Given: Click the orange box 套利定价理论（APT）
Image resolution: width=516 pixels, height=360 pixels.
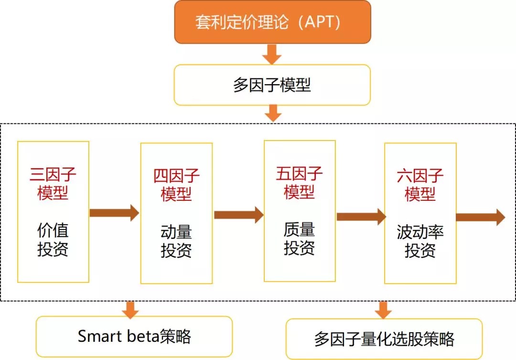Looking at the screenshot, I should click(x=272, y=22).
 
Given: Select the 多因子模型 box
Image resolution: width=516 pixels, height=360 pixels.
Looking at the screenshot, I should click(x=272, y=85).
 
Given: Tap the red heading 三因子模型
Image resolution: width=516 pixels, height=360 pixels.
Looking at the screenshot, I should click(x=53, y=184).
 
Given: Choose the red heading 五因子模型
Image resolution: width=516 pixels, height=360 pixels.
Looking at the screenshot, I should click(x=300, y=183).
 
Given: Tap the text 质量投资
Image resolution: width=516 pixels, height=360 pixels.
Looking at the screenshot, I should click(x=300, y=239).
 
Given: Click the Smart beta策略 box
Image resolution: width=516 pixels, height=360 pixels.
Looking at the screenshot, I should click(x=134, y=337).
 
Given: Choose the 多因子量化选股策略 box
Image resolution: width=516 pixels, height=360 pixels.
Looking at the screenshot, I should click(x=384, y=339).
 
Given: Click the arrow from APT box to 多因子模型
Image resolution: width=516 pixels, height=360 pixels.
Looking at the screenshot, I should click(x=272, y=54).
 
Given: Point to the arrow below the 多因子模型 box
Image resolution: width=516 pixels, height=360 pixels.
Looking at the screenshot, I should click(x=272, y=114).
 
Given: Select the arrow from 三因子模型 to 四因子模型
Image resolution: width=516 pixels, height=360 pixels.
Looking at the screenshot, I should click(x=114, y=213).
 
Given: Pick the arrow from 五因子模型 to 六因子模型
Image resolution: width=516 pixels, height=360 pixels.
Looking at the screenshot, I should click(x=361, y=217).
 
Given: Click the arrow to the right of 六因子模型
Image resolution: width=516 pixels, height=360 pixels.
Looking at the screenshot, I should click(x=480, y=217).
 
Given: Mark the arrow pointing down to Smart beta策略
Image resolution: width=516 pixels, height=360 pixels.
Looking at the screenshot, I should click(x=130, y=309).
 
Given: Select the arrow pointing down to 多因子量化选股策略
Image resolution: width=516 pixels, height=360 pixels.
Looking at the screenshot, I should click(x=383, y=310).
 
